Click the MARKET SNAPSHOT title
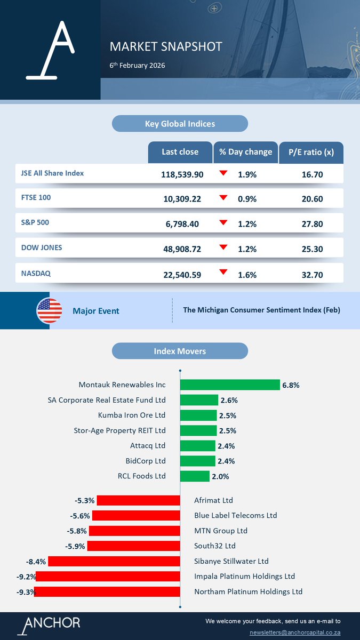point(165,46)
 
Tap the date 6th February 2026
point(137,66)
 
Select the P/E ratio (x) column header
point(311,152)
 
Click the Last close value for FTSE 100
point(182,199)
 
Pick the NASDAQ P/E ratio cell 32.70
point(311,275)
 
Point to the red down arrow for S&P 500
point(223,222)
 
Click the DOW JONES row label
point(41,248)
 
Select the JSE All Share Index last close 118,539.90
point(182,174)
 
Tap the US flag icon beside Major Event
point(49,310)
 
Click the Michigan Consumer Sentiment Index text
point(261,310)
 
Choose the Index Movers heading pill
point(180,351)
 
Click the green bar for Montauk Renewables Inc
point(230,385)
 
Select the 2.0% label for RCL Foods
point(220,476)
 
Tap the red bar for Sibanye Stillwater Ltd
point(114,561)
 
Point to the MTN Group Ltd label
point(221,531)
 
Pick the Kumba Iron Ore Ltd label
point(132,415)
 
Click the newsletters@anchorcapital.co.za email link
point(295,632)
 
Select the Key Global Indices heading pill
point(180,124)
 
